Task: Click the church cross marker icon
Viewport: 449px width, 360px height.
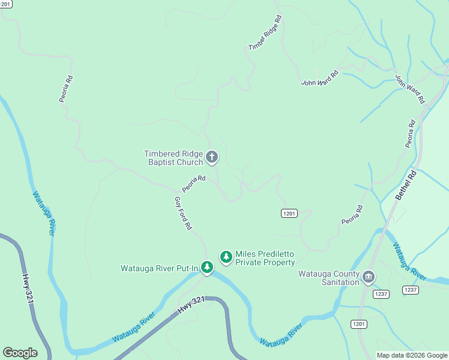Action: (211, 158)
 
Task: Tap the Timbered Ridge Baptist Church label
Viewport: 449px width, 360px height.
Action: (173, 158)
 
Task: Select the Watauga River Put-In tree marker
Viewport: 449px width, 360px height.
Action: (207, 267)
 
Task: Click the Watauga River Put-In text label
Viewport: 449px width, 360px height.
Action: (159, 268)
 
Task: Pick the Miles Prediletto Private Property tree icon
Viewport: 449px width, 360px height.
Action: (226, 257)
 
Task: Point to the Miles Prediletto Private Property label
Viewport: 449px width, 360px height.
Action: (265, 258)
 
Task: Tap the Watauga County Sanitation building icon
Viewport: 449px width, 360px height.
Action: (369, 277)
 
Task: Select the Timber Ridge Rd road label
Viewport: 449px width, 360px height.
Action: (265, 32)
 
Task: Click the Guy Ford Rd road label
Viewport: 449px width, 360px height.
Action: (182, 214)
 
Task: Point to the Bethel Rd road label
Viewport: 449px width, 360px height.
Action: (406, 186)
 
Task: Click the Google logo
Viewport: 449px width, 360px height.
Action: (20, 353)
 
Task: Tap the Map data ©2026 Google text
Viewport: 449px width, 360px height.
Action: (412, 355)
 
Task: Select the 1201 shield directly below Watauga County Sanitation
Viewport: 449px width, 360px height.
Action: (359, 324)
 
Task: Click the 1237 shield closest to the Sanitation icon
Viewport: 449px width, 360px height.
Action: (381, 293)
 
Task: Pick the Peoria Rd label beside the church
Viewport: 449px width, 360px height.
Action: (194, 184)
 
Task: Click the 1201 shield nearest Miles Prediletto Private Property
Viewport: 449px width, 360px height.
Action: (289, 213)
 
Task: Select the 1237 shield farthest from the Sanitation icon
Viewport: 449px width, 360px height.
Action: (411, 290)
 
